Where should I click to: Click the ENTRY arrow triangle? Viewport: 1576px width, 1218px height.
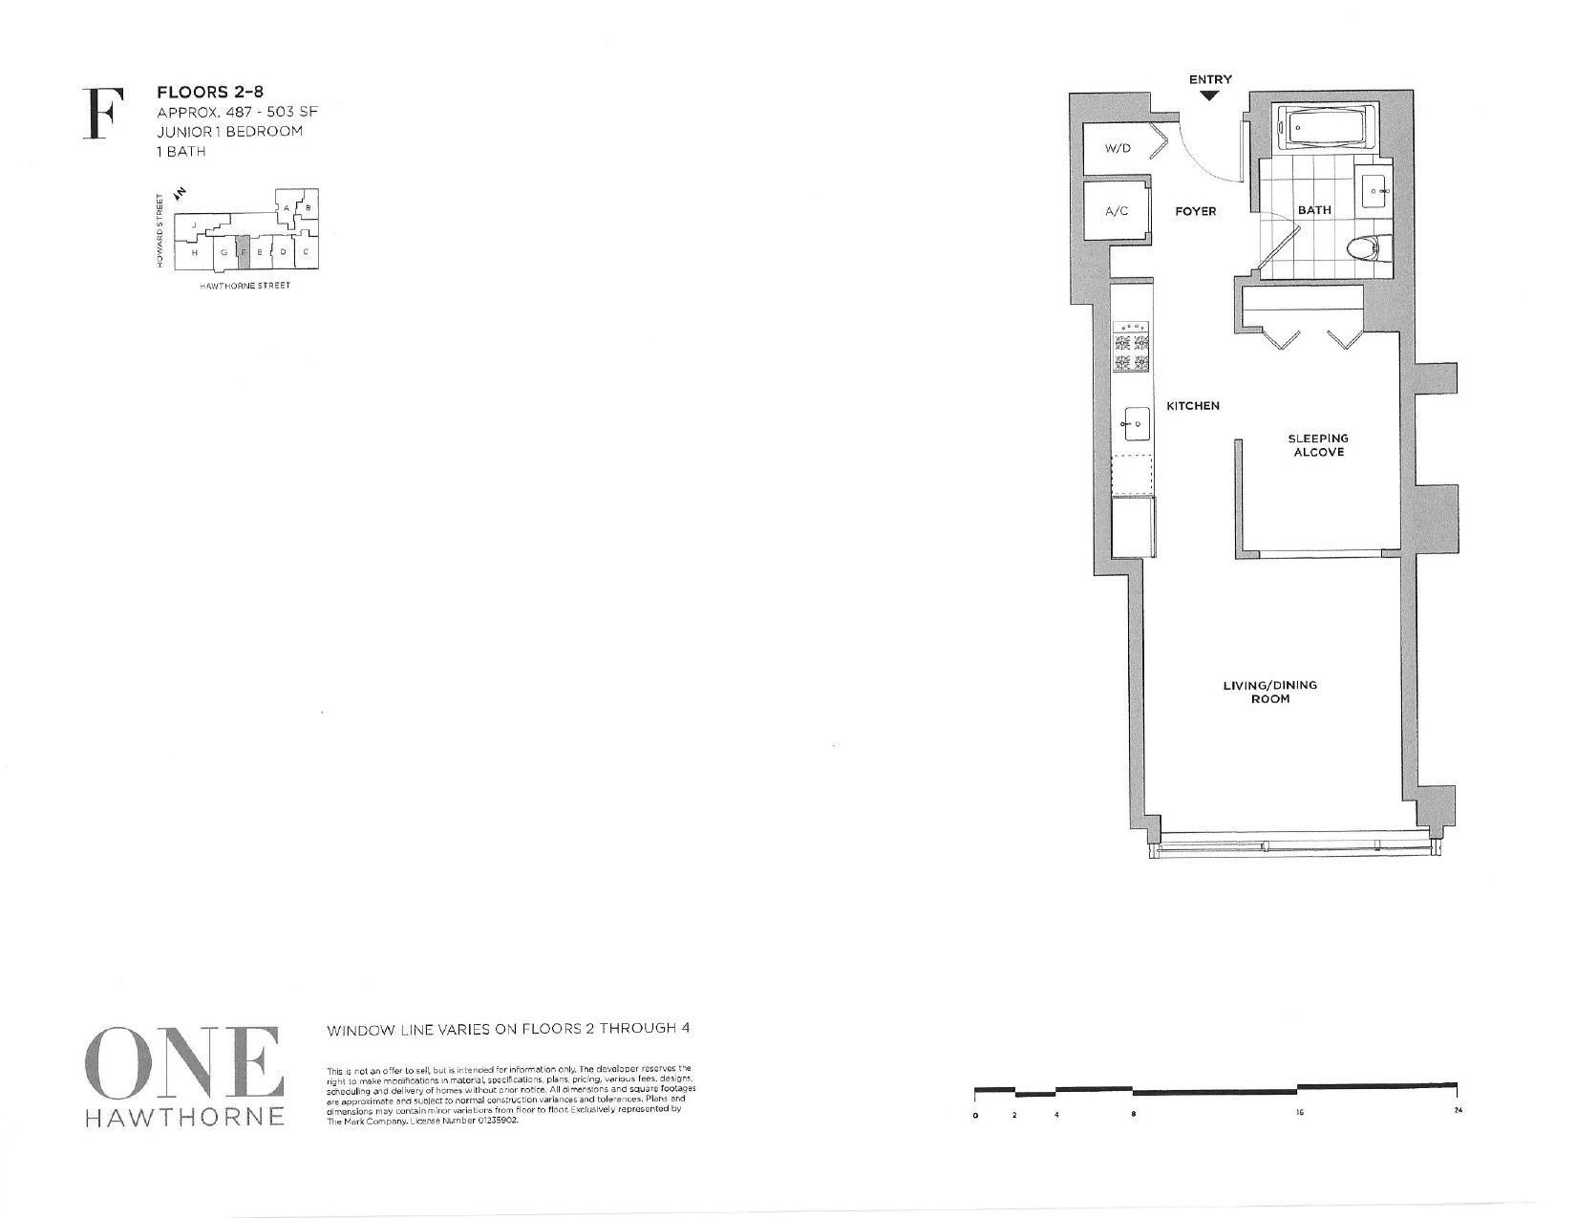pyautogui.click(x=1210, y=96)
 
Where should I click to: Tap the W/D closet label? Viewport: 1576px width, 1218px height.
pyautogui.click(x=1117, y=148)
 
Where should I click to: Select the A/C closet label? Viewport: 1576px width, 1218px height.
pyautogui.click(x=1117, y=211)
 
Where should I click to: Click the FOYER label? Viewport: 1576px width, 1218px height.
pyautogui.click(x=1195, y=211)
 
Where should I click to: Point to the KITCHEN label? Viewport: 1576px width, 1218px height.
pyautogui.click(x=1193, y=406)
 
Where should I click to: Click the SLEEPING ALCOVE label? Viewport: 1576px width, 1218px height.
pyautogui.click(x=1318, y=445)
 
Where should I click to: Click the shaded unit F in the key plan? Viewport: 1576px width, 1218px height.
pyautogui.click(x=243, y=252)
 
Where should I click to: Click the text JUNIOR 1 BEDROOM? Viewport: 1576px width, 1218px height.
pyautogui.click(x=229, y=132)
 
